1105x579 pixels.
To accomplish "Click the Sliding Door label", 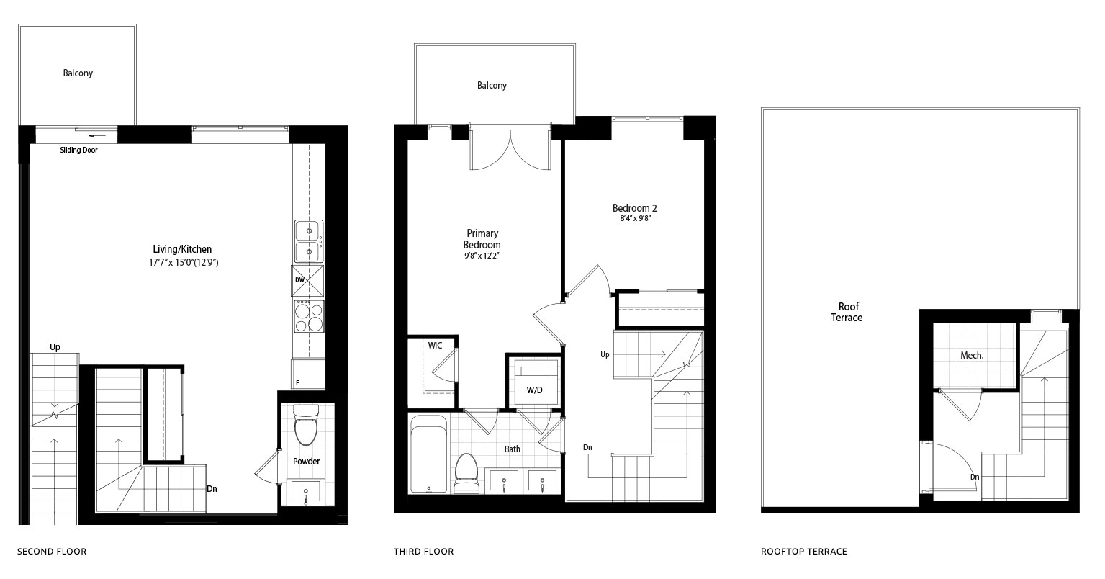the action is [79, 150].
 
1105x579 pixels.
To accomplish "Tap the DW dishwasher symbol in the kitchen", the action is [307, 280].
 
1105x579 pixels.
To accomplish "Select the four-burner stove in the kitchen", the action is [309, 316].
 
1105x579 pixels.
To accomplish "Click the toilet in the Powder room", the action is [306, 425].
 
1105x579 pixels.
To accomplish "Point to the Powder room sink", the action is [306, 492].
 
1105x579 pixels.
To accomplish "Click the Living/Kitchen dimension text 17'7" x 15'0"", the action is [184, 263].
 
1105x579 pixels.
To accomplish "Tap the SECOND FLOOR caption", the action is [52, 552].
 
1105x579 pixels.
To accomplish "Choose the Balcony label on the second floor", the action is [78, 73].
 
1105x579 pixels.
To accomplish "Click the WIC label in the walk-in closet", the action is [435, 346].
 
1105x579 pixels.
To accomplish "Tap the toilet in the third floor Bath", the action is [466, 473].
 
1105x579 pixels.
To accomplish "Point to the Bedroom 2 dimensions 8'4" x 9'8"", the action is [636, 218].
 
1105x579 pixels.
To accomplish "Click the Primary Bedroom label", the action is [482, 239].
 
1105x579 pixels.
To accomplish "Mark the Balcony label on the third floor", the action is [492, 86].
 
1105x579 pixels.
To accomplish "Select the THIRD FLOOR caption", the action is [424, 552].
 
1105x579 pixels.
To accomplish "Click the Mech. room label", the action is [972, 356].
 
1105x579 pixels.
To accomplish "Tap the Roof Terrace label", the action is [847, 312].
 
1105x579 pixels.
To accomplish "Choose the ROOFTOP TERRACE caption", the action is [804, 552].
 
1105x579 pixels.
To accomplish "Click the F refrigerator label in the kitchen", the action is [297, 383].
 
